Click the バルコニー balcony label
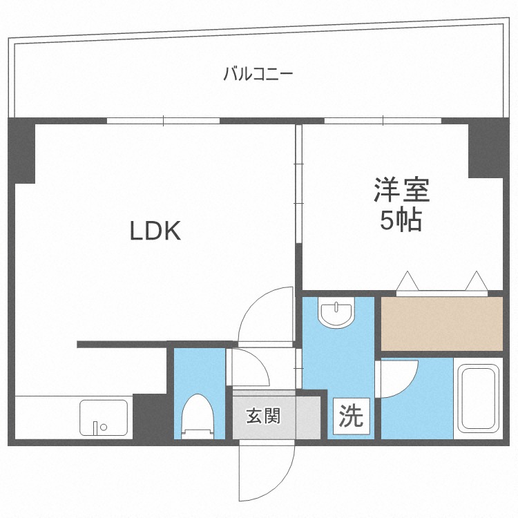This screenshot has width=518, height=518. tap(258, 73)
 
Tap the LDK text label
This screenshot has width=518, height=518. tap(155, 231)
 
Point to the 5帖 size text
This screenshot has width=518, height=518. tap(401, 220)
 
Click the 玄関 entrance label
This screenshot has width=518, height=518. tap(264, 416)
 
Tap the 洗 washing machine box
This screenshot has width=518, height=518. tap(351, 416)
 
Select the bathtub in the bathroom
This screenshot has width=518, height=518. tap(478, 399)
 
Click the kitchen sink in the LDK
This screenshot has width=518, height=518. tap(105, 418)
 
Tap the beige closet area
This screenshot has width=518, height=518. tap(442, 323)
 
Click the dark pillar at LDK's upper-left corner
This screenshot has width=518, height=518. tap(21, 151)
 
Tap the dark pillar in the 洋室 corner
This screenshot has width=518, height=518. tap(486, 150)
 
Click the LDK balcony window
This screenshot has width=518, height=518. tap(163, 121)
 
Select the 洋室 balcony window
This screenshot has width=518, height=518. tap(382, 121)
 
